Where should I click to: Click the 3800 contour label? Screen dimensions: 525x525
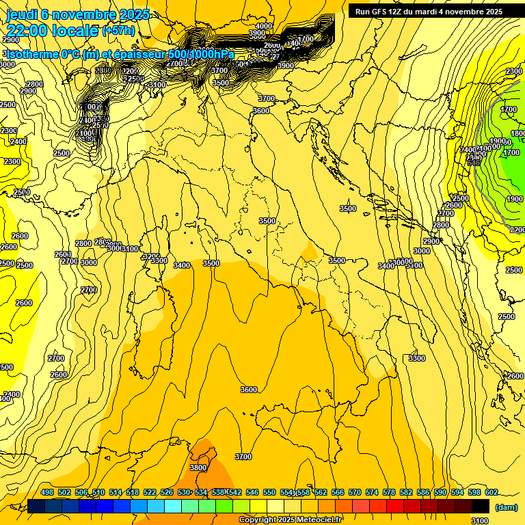click(x=198, y=468)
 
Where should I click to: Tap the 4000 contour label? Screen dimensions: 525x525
click(x=263, y=27)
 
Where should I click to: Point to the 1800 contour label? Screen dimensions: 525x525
click(x=517, y=134)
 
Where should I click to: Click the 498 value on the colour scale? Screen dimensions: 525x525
click(x=47, y=492)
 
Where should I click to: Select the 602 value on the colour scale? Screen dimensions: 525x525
click(x=492, y=492)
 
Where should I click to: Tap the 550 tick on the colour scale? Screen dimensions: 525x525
click(x=269, y=492)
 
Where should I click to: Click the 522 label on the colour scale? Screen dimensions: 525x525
click(x=150, y=492)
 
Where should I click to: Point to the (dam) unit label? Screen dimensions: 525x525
click(x=505, y=507)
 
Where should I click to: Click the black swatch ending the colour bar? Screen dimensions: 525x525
click(x=481, y=506)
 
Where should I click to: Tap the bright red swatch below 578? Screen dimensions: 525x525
click(x=395, y=506)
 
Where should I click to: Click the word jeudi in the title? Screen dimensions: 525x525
click(x=21, y=14)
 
